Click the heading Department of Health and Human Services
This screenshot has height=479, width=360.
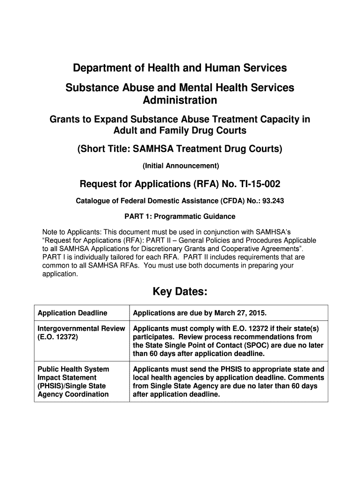[x=180, y=68]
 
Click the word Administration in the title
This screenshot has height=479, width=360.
[x=180, y=100]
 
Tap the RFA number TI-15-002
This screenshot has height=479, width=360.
[x=257, y=183]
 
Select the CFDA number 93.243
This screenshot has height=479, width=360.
[x=274, y=201]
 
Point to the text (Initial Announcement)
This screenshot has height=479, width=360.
[x=180, y=166]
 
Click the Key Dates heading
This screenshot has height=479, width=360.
[x=180, y=292]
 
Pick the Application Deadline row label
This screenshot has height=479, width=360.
[x=72, y=313]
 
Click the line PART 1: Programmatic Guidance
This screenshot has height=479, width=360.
[x=180, y=217]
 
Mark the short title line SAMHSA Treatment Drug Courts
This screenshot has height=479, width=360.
[x=180, y=149]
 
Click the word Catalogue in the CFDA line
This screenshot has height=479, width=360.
[x=93, y=201]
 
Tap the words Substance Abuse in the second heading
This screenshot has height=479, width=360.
[x=100, y=87]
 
